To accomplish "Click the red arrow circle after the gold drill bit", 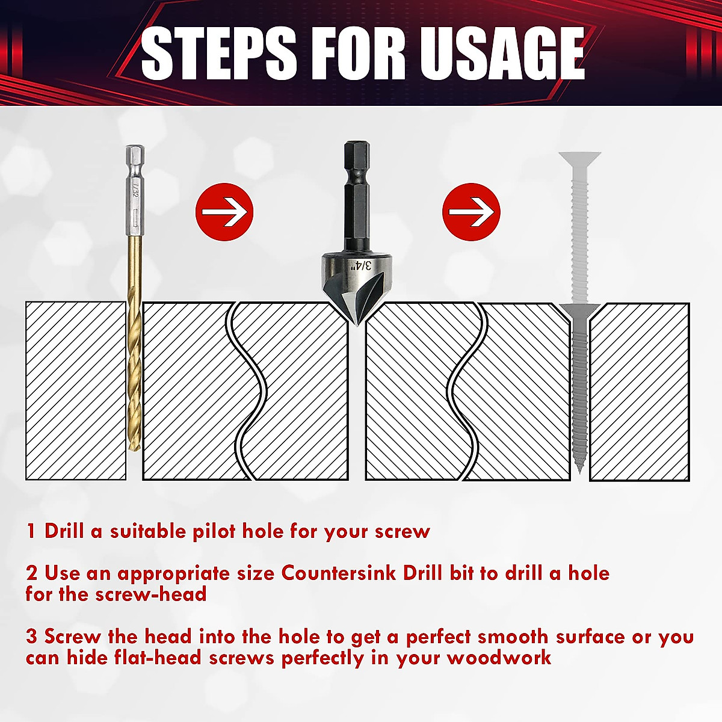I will pos(224,212).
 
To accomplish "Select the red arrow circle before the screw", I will pos(471,212).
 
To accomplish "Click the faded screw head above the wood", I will pos(579,159).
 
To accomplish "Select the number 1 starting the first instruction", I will pos(31,531).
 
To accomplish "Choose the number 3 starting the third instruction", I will pos(32,637).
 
